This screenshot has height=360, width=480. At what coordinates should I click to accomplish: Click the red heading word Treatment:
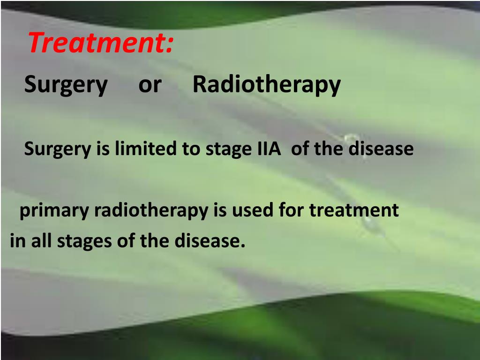[100, 44]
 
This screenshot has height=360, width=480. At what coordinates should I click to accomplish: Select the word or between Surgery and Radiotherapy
[150, 84]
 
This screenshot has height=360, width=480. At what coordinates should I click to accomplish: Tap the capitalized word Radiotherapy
[266, 85]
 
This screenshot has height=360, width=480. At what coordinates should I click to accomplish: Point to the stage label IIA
[269, 149]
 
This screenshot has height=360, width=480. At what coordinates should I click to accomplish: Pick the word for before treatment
[292, 210]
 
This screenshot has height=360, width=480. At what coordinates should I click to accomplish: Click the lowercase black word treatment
[354, 210]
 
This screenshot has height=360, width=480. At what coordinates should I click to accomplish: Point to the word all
[42, 241]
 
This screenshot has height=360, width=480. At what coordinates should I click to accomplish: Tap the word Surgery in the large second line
[66, 85]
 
